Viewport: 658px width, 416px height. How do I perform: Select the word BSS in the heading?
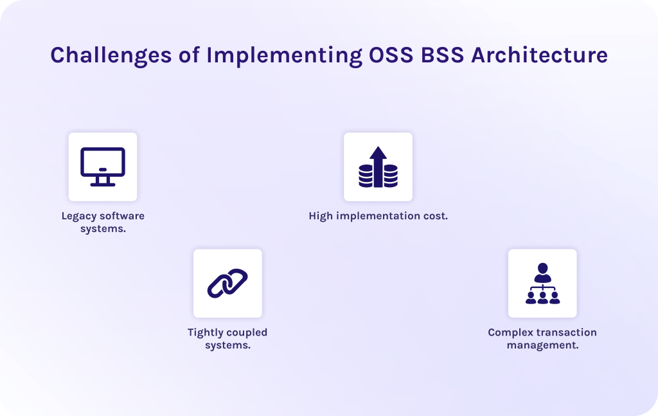click(x=442, y=55)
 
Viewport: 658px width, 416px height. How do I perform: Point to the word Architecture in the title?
click(x=539, y=55)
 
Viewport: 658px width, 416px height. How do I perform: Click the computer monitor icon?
click(x=103, y=167)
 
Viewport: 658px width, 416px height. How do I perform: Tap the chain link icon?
click(x=227, y=283)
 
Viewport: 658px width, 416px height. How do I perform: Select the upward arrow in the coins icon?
click(x=378, y=165)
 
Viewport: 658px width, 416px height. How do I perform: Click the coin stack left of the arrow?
click(x=366, y=176)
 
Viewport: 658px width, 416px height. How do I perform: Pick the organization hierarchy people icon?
click(x=542, y=284)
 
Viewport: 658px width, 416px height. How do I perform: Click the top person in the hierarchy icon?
click(x=542, y=272)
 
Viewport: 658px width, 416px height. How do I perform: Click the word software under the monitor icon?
click(x=122, y=216)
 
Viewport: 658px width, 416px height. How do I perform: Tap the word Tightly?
click(x=204, y=332)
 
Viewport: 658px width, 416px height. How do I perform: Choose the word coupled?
click(x=246, y=332)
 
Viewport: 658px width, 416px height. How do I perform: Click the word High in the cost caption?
click(x=321, y=216)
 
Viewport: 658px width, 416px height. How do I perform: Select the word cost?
click(x=435, y=216)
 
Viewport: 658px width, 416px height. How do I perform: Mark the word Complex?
click(x=508, y=332)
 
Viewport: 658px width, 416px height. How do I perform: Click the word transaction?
click(x=565, y=332)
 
